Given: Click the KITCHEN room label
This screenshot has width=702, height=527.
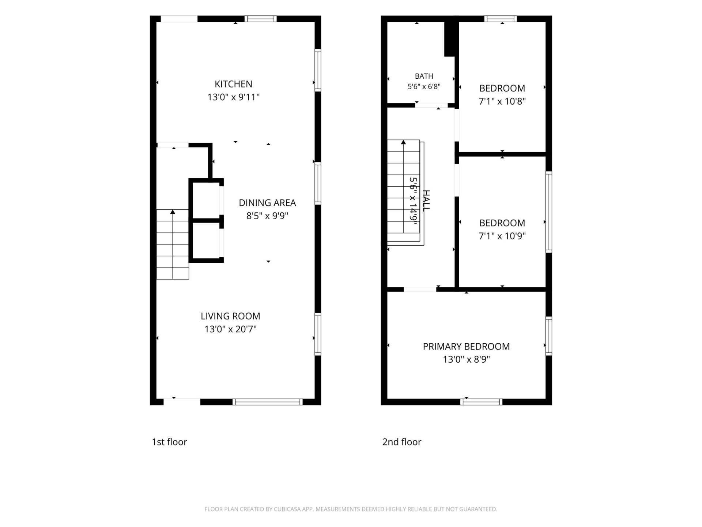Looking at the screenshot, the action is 233,84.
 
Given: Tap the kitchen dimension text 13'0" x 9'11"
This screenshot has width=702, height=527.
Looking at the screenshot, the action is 233,97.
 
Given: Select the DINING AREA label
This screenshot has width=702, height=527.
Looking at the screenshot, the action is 267,203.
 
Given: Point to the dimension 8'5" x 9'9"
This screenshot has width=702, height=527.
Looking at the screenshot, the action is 267,216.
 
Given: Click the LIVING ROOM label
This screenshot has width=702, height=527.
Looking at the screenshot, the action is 230,316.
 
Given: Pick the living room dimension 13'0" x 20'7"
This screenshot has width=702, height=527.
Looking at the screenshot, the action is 230,329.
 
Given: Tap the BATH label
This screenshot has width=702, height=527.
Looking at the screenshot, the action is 424,76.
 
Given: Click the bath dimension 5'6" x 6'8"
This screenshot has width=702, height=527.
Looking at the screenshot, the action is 424,87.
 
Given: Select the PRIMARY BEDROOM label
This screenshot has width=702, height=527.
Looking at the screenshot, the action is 466,347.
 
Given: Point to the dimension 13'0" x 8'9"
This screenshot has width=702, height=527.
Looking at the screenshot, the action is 466,359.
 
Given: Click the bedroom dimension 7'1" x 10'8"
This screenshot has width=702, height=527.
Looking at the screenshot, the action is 502,101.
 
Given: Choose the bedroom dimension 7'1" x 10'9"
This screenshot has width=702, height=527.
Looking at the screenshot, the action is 502,236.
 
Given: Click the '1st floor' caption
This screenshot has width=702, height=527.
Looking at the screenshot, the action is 169,442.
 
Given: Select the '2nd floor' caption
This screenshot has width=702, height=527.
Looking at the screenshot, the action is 402,442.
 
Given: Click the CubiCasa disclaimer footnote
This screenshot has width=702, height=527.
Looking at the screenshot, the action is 351,509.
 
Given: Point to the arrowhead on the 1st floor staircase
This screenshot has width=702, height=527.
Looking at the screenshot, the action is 173,212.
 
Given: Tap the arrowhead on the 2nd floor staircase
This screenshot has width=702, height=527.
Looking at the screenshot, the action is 403,142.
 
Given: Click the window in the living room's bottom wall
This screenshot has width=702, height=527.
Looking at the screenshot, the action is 268,402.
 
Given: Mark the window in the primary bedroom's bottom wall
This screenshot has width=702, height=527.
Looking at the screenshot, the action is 481,402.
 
